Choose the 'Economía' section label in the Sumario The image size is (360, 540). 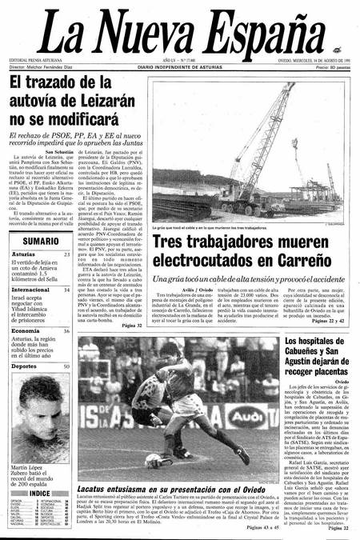pos(26,308)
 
